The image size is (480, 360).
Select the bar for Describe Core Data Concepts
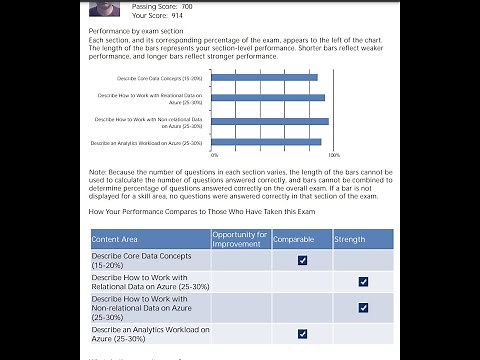point(265,77)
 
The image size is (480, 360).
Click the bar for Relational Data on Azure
point(268,98)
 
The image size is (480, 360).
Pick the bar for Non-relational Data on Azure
point(270,122)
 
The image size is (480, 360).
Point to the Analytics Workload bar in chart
point(267,143)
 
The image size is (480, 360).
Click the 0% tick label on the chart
point(214,156)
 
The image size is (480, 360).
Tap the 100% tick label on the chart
point(334,156)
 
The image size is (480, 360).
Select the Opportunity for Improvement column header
point(239,239)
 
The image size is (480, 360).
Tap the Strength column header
point(350,240)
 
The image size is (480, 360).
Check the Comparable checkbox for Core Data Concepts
point(302,260)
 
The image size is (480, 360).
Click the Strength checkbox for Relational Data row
point(363,282)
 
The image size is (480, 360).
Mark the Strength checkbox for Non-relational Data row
point(363,307)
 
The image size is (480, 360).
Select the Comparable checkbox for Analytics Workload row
point(302,333)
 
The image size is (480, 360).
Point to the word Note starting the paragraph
point(98,172)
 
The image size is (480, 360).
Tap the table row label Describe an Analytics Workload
point(149,329)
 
